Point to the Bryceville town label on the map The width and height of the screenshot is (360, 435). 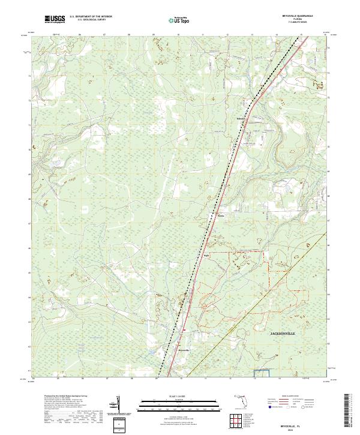tap(184, 350)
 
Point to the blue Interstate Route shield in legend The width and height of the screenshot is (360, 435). tap(269, 407)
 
